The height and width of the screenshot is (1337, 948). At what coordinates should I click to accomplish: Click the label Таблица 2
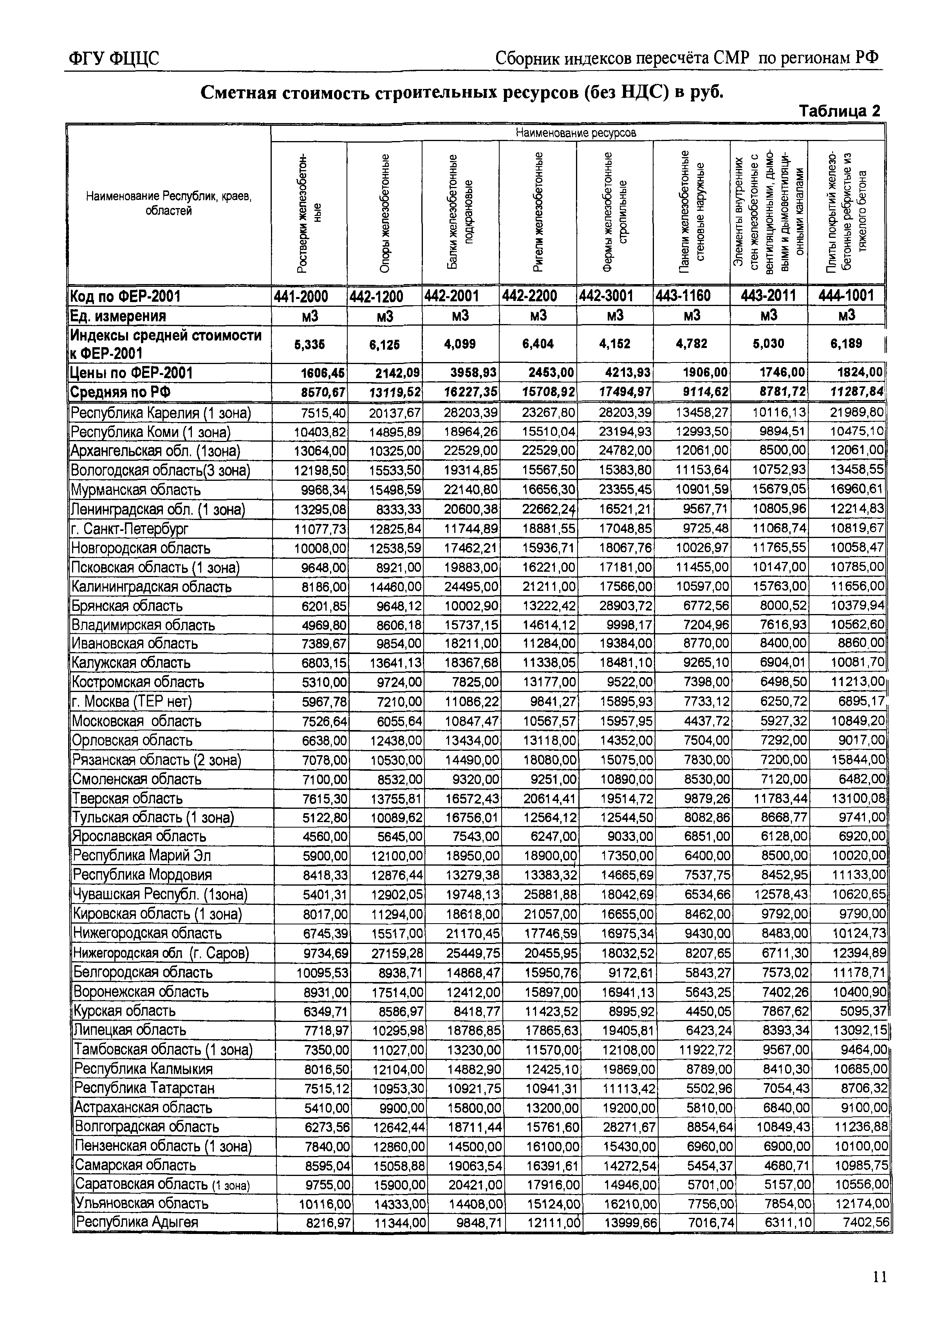point(839,111)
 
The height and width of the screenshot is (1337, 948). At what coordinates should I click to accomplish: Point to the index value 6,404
point(538,344)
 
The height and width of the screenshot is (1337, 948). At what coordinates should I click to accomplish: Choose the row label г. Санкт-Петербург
point(130,529)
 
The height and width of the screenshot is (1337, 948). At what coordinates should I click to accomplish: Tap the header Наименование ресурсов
point(576,133)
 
